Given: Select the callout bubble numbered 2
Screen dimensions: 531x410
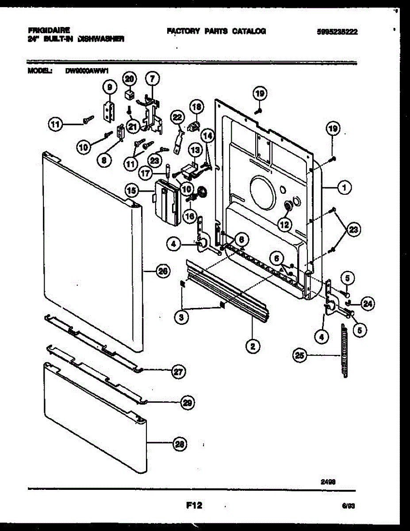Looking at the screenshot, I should point(253,346).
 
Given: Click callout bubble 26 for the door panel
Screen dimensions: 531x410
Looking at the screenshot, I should point(163,273).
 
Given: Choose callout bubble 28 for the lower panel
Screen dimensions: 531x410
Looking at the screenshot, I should point(180,443).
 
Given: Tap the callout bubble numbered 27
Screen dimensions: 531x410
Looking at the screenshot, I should point(177,372).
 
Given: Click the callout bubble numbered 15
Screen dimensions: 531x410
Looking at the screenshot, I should point(131,191).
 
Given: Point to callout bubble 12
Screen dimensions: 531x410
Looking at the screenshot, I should point(284,224).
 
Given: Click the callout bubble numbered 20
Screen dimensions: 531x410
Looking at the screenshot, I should point(129,79).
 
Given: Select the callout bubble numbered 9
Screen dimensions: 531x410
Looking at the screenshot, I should point(109,88).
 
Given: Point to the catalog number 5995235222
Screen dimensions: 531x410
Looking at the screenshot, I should point(337,31).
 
